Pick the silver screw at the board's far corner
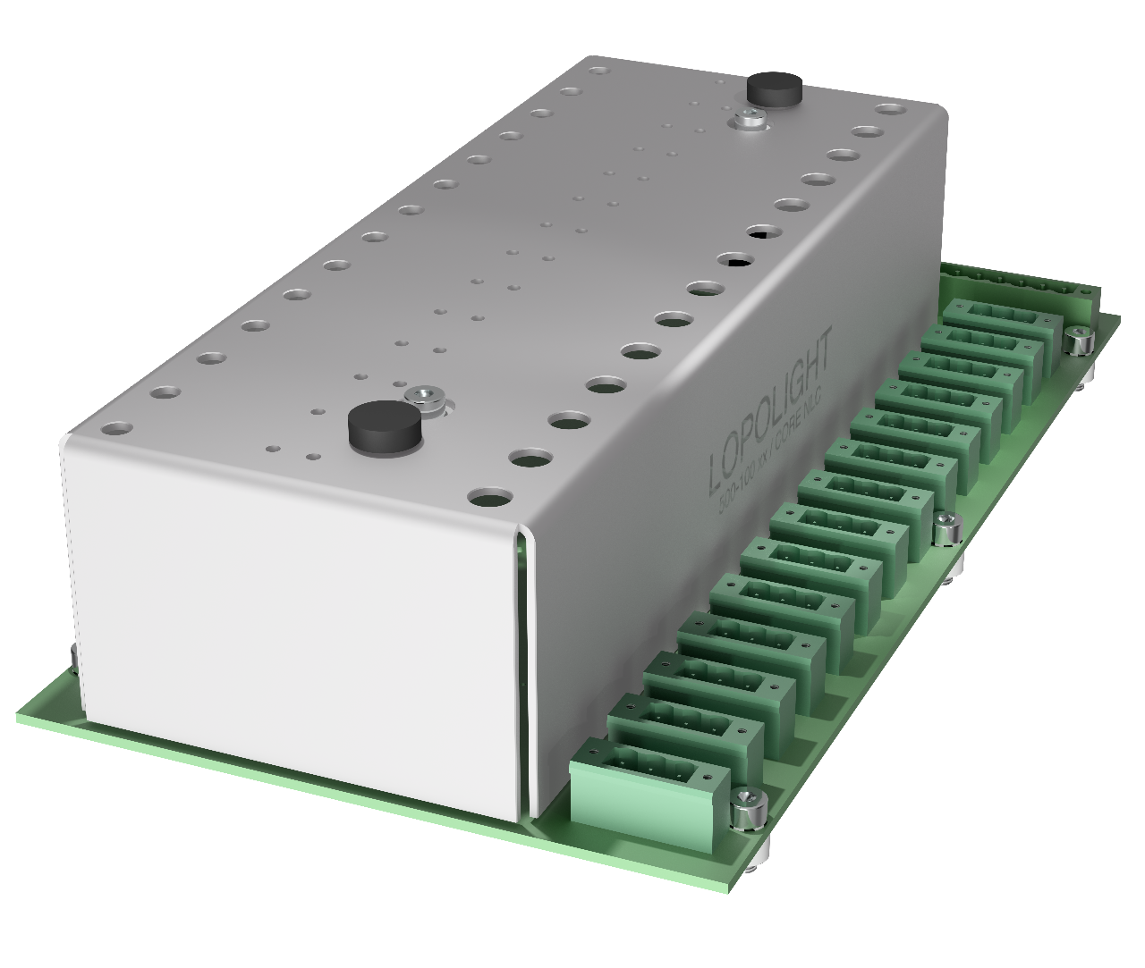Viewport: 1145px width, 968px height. tap(1080, 340)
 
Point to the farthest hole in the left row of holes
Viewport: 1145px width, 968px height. tap(598, 68)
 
